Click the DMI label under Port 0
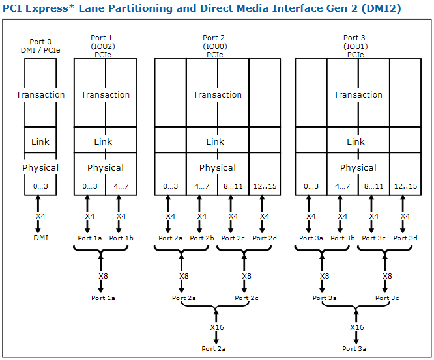pyautogui.click(x=40, y=238)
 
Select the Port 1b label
pyautogui.click(x=121, y=238)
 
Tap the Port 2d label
pyautogui.click(x=265, y=238)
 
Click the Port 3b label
pyautogui.click(x=342, y=238)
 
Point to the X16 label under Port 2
pyautogui.click(x=216, y=327)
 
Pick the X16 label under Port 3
pyautogui.click(x=356, y=327)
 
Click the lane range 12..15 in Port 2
pyautogui.click(x=265, y=187)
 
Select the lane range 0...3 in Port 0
pyautogui.click(x=40, y=187)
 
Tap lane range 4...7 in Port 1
pyautogui.click(x=121, y=187)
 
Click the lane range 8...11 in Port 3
pyautogui.click(x=373, y=187)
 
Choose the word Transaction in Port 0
pyautogui.click(x=40, y=94)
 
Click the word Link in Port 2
pyautogui.click(x=215, y=141)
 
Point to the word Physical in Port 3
pyautogui.click(x=358, y=167)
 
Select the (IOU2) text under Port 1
pyautogui.click(x=103, y=46)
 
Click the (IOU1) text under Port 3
pyautogui.click(x=356, y=46)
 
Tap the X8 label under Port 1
pyautogui.click(x=103, y=276)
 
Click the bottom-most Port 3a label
pyautogui.click(x=356, y=349)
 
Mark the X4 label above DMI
pyautogui.click(x=40, y=216)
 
